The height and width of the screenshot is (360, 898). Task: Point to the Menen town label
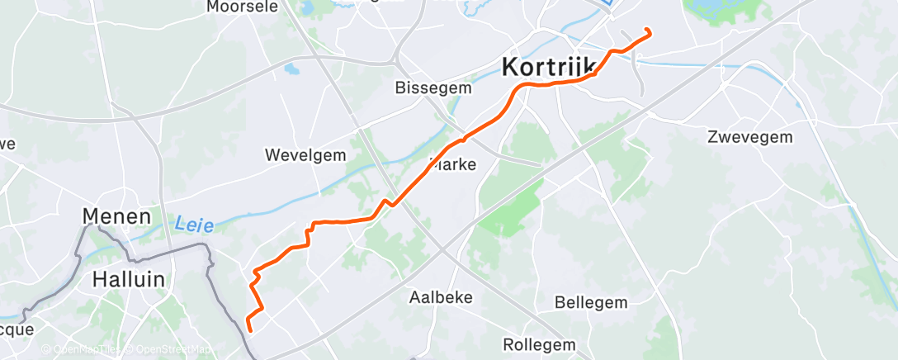tap(116, 217)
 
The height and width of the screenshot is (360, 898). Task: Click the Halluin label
tap(128, 279)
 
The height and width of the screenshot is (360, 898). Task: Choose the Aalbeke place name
tap(441, 297)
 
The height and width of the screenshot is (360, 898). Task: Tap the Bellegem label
tap(591, 302)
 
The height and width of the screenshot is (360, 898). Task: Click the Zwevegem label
tap(749, 137)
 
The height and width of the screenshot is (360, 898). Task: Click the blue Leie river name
tap(195, 224)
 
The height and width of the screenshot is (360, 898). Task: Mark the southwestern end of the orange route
tap(248, 330)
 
